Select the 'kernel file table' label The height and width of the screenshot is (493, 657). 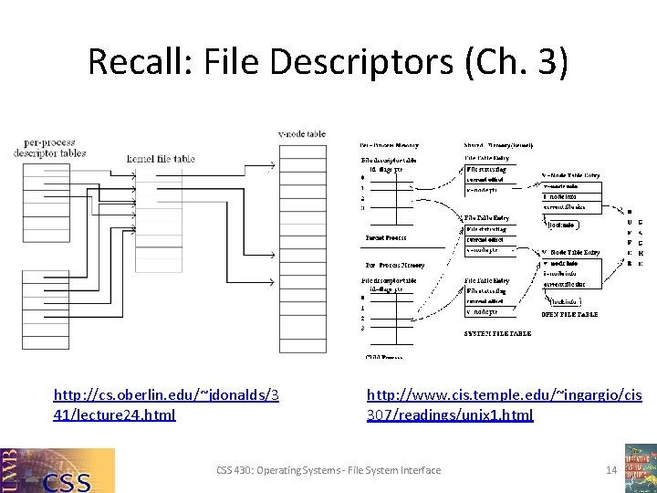pyautogui.click(x=161, y=159)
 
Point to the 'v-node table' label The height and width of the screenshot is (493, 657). pyautogui.click(x=302, y=133)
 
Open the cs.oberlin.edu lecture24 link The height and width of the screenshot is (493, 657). pyautogui.click(x=166, y=404)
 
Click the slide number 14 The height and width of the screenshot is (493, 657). pyautogui.click(x=612, y=470)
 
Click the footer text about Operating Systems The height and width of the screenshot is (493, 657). pyautogui.click(x=328, y=470)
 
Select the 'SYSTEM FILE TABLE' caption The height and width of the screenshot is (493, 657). pyautogui.click(x=497, y=333)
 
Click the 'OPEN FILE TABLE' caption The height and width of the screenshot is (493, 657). pyautogui.click(x=570, y=314)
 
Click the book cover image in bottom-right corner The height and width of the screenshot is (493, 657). pyautogui.click(x=640, y=467)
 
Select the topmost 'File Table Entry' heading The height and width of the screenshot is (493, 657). pyautogui.click(x=487, y=157)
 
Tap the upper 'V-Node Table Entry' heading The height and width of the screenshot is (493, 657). pyautogui.click(x=572, y=174)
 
